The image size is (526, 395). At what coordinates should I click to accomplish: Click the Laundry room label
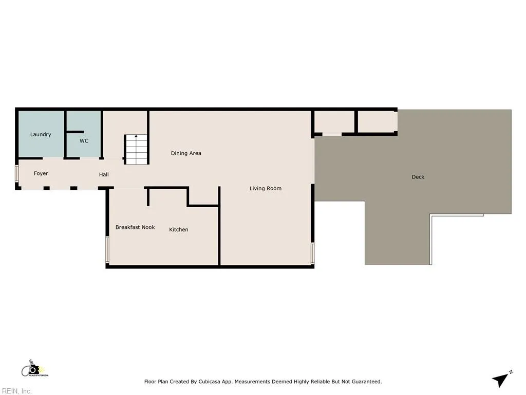(41, 135)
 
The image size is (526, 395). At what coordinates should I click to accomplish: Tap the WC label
(84, 140)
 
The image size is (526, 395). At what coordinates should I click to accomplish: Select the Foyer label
(41, 174)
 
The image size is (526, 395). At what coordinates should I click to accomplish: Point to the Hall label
(104, 175)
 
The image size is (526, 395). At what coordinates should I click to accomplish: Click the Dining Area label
(186, 153)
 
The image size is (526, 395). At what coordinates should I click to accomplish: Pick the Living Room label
(266, 188)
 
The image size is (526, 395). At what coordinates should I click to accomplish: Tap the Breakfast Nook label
(135, 227)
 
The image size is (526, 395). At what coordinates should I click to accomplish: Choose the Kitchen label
(179, 229)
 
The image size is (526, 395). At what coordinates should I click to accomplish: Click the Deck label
(418, 177)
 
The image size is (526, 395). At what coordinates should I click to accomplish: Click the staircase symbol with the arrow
(136, 150)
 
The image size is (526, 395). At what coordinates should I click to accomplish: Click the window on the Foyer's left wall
(16, 174)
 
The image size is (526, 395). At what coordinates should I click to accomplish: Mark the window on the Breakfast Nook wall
(107, 249)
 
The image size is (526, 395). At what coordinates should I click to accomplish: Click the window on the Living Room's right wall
(313, 253)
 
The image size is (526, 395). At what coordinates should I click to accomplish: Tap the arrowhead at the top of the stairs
(136, 137)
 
